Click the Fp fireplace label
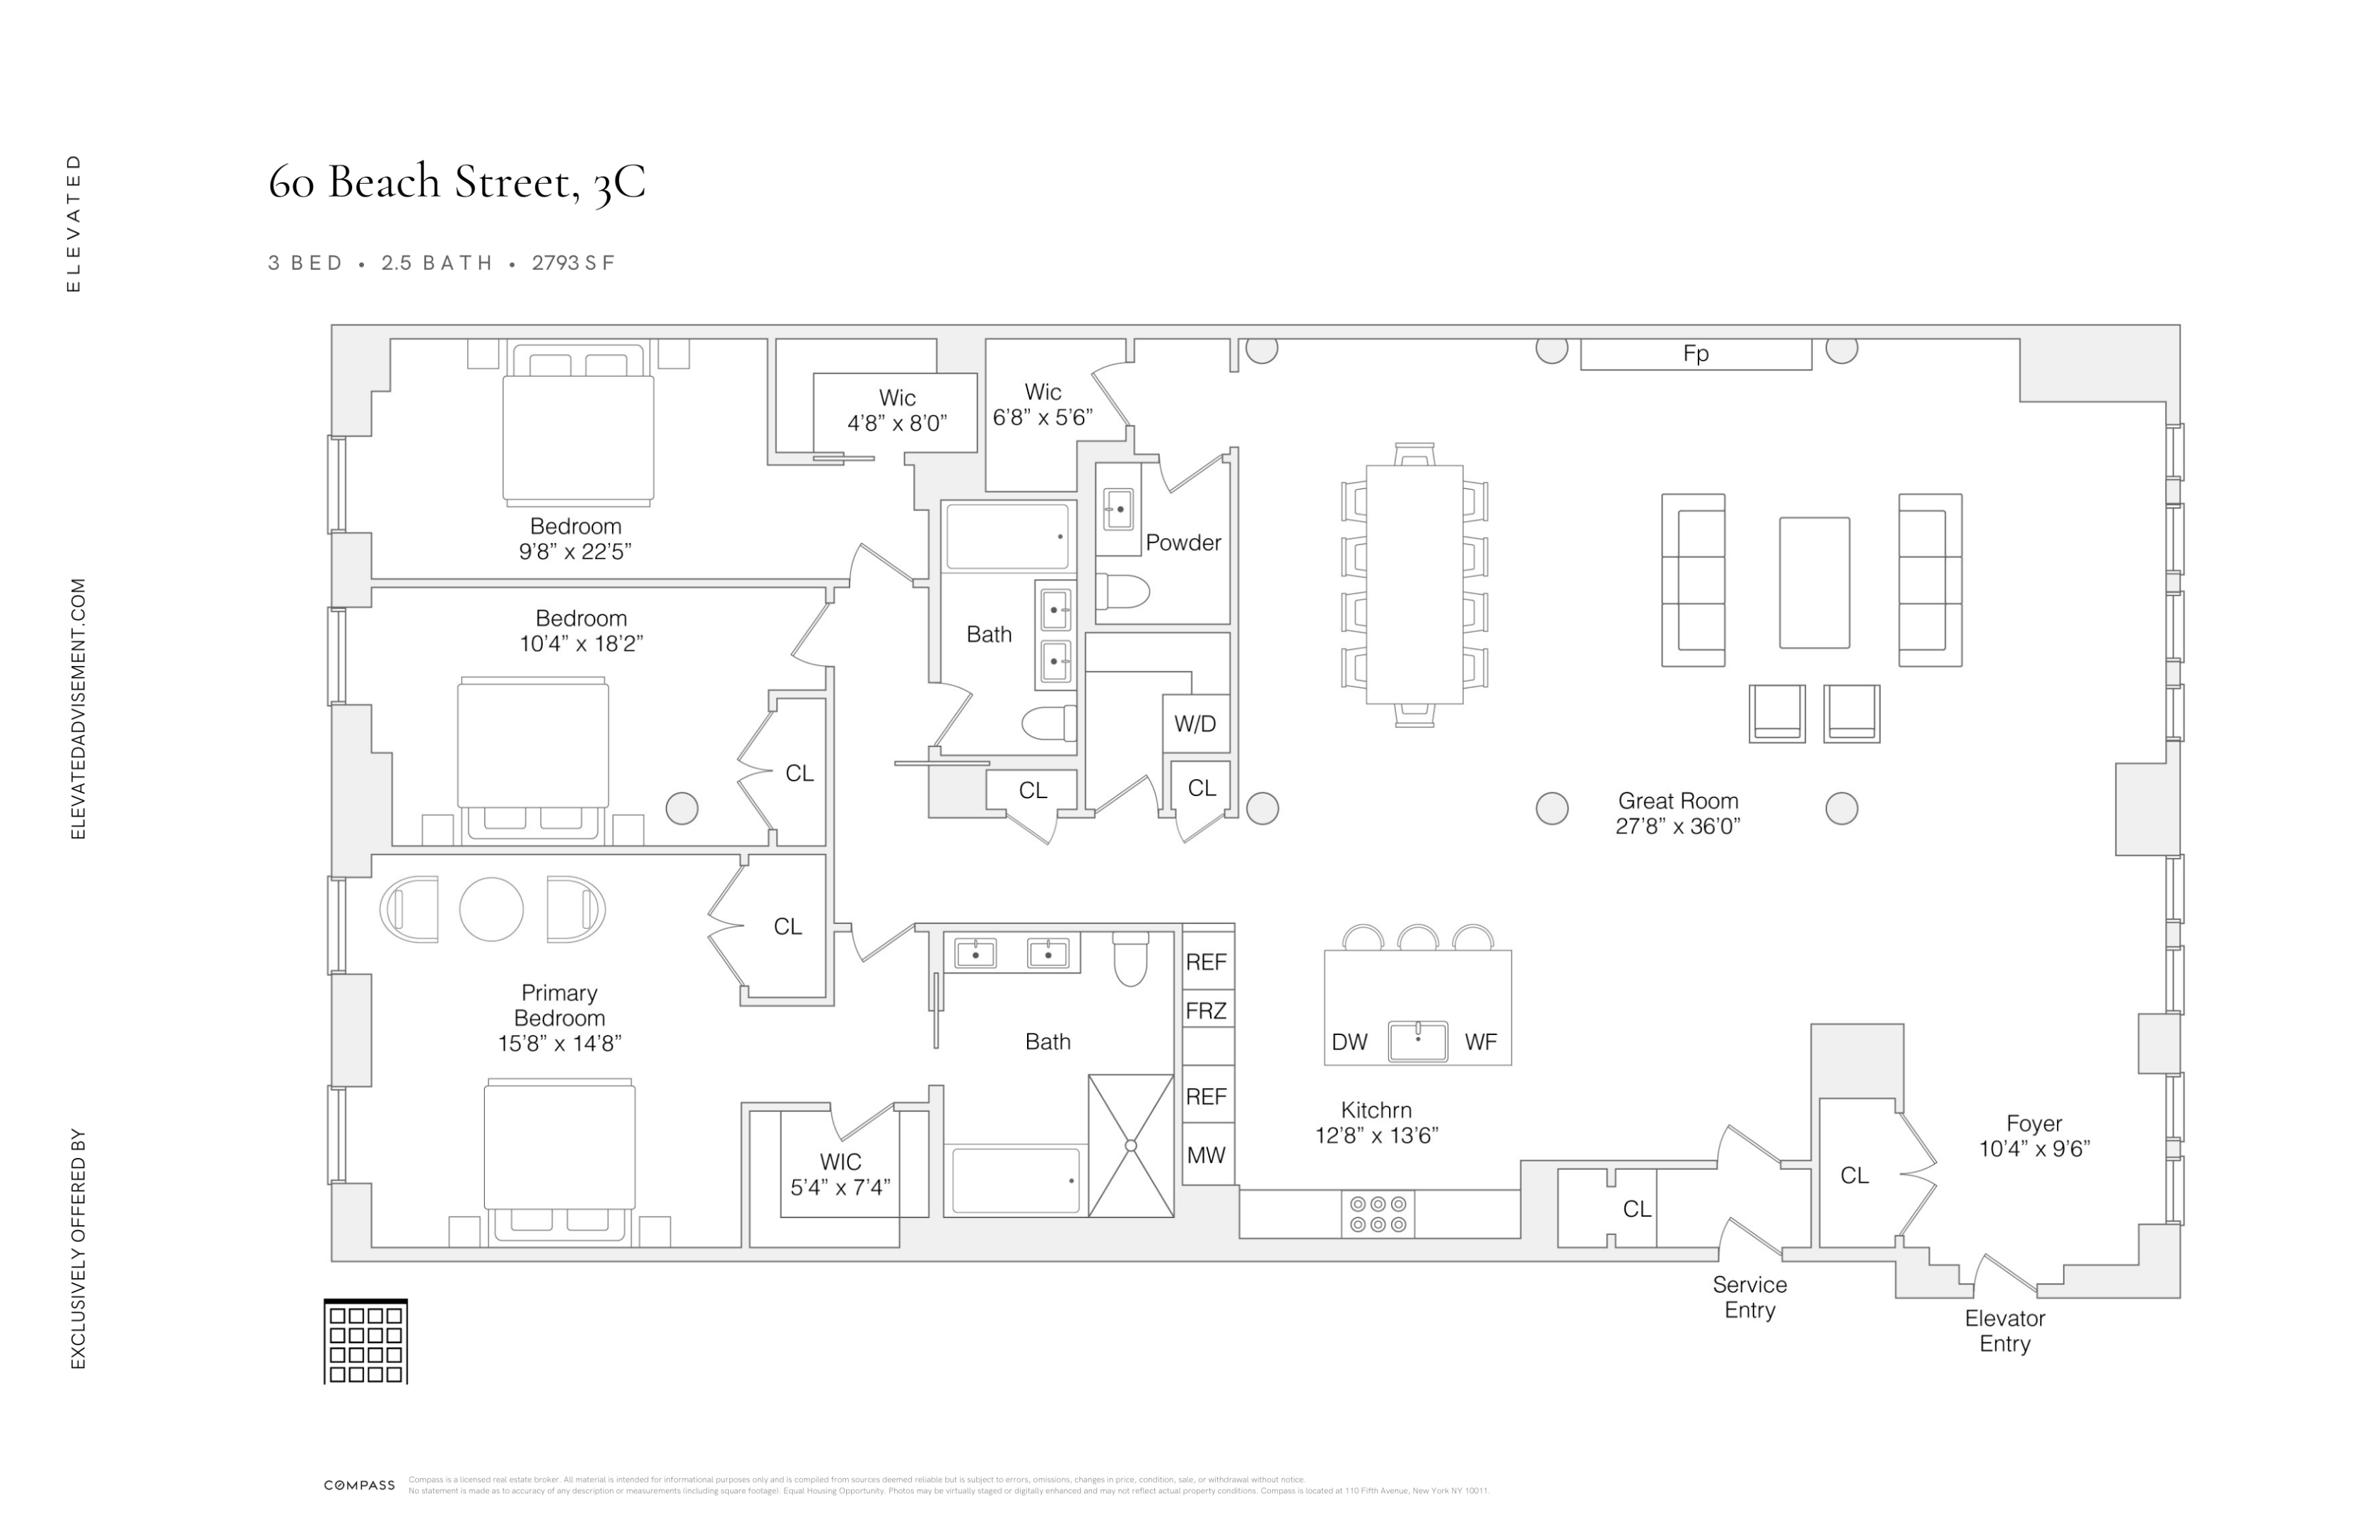click(x=1694, y=353)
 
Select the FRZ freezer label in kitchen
click(x=1206, y=1011)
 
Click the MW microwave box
click(x=1206, y=1154)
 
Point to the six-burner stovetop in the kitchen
click(x=1377, y=1214)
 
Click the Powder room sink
click(x=1118, y=509)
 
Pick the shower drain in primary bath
click(x=1130, y=1145)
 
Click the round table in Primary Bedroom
click(x=491, y=908)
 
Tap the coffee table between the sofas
click(x=1813, y=583)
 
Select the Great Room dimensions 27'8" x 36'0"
click(x=1677, y=826)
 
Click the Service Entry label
click(x=1749, y=1297)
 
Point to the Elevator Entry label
click(x=2005, y=1330)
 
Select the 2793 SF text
click(x=574, y=262)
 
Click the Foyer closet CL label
click(x=1854, y=1175)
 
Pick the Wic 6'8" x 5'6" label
click(x=1043, y=404)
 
